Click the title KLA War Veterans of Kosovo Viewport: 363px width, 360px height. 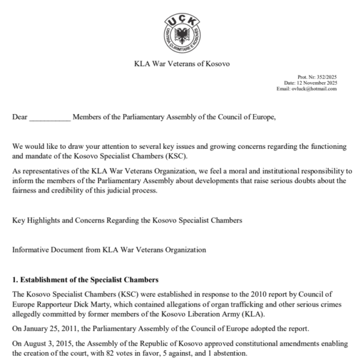182,64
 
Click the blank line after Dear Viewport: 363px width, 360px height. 49,117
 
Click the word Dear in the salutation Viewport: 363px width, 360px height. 20,116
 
